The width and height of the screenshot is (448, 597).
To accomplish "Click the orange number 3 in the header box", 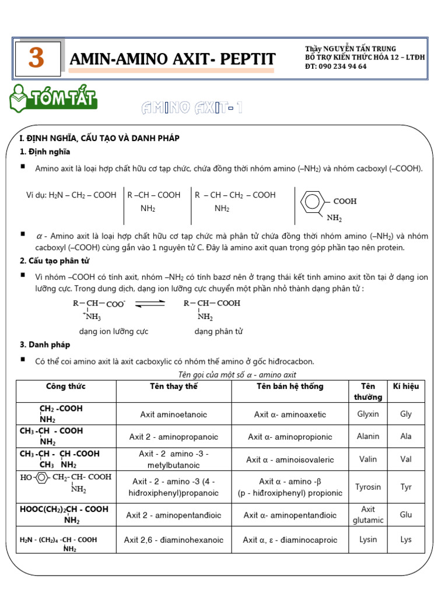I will coord(36,58).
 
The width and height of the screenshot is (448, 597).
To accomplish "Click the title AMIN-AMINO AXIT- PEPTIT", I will coord(172,59).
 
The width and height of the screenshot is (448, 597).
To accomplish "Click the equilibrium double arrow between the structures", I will coord(150,303).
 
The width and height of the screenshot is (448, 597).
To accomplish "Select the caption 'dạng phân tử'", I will coord(218,331).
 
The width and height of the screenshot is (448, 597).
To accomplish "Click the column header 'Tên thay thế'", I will coord(173,387).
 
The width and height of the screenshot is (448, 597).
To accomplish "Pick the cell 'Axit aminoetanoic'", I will coord(173,415).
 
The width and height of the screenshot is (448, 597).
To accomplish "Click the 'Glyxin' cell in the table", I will coord(367,414).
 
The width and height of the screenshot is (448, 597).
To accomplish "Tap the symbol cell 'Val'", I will coord(405,459).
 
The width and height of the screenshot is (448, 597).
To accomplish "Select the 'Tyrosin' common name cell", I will coord(367,487).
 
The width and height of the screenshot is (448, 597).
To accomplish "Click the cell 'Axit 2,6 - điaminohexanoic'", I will coord(173,540).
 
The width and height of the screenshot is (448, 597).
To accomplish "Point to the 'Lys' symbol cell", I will coord(405,539).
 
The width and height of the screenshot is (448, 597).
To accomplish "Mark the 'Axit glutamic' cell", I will coord(367,515).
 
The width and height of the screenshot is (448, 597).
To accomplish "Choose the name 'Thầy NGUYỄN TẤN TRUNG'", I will coord(350,49).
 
